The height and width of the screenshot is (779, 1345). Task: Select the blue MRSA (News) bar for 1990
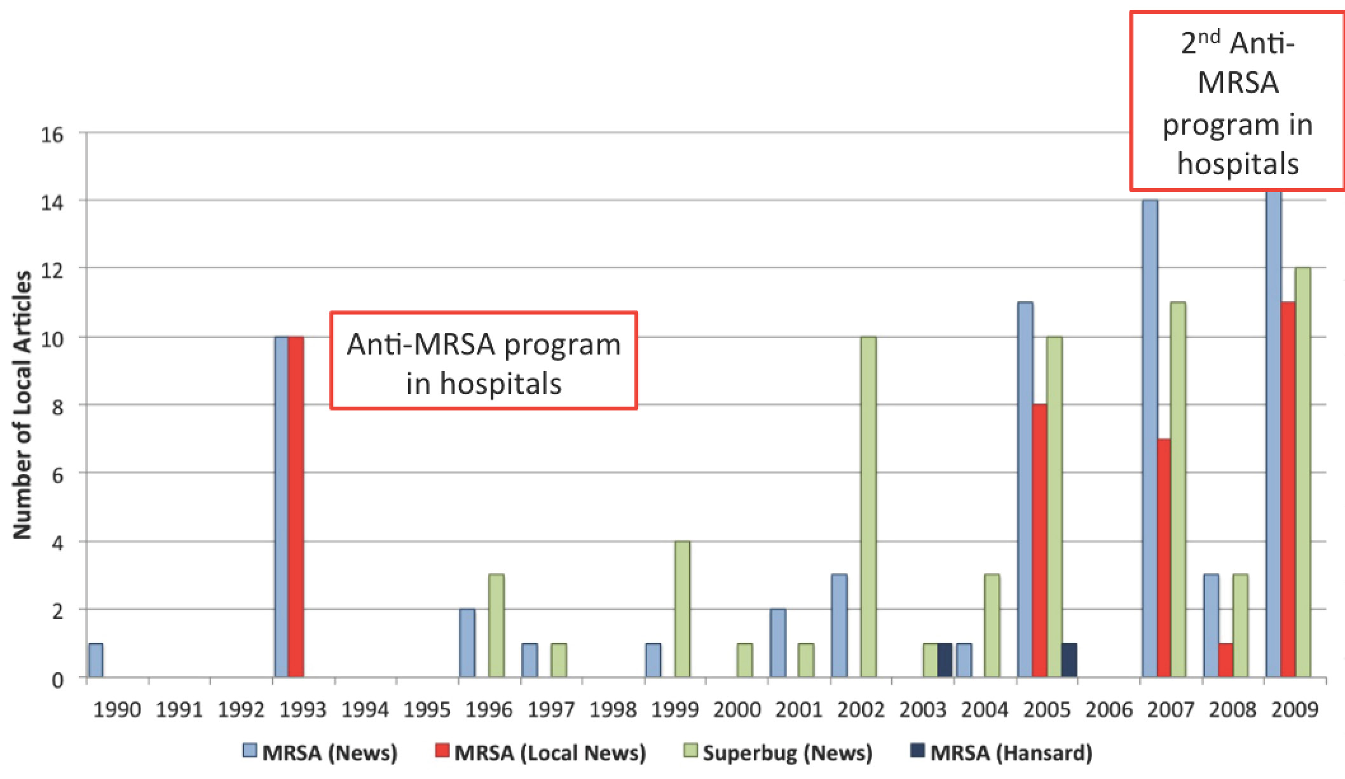pyautogui.click(x=96, y=661)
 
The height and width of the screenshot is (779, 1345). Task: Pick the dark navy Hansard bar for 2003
pyautogui.click(x=945, y=661)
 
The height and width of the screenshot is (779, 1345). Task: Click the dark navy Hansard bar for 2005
pyautogui.click(x=1069, y=661)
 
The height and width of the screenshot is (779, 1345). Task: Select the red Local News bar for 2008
pyautogui.click(x=1226, y=661)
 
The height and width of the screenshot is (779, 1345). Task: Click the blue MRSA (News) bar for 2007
pyautogui.click(x=1150, y=438)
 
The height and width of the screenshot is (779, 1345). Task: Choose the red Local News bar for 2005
pyautogui.click(x=1040, y=540)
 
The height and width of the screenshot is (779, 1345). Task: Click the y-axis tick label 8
pyautogui.click(x=57, y=405)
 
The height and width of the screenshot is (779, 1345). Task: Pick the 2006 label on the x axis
pyautogui.click(x=1109, y=710)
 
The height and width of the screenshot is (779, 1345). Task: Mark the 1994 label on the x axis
pyautogui.click(x=365, y=710)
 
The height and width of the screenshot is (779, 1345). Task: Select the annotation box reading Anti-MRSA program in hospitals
pyautogui.click(x=484, y=360)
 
